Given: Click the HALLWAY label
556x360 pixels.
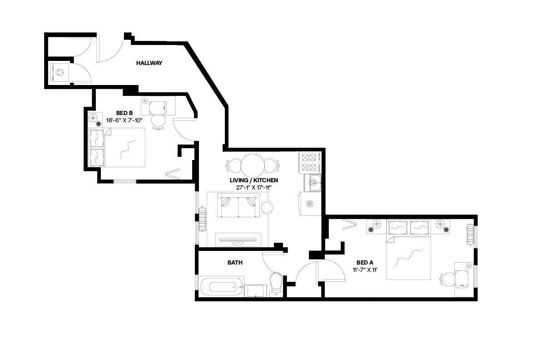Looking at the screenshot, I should point(149,63).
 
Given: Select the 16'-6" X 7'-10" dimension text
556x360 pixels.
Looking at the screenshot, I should point(124,120).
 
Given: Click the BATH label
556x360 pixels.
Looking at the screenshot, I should point(235,263).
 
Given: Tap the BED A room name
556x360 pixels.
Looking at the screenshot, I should point(365,262).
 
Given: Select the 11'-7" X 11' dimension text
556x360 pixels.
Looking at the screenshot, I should point(365,270).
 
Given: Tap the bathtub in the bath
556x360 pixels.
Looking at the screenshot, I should point(220,287).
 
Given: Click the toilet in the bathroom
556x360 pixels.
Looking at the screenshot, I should point(276,284).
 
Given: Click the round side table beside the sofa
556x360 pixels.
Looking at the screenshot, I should point(267,208).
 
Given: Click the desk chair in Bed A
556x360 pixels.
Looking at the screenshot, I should point(447,279).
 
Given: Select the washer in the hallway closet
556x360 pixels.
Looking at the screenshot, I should point(59,72).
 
